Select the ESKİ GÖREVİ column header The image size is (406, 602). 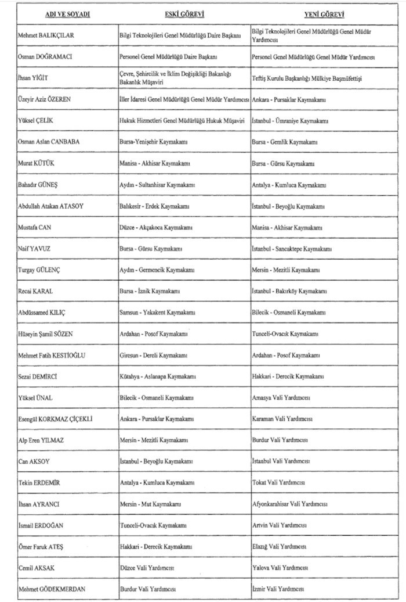pyautogui.click(x=184, y=14)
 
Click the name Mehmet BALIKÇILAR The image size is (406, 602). pyautogui.click(x=46, y=35)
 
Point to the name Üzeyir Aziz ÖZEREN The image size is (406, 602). pyautogui.click(x=45, y=100)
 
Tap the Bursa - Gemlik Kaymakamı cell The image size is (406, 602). pyautogui.click(x=284, y=142)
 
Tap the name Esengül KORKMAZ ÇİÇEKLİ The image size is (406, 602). pyautogui.click(x=56, y=419)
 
